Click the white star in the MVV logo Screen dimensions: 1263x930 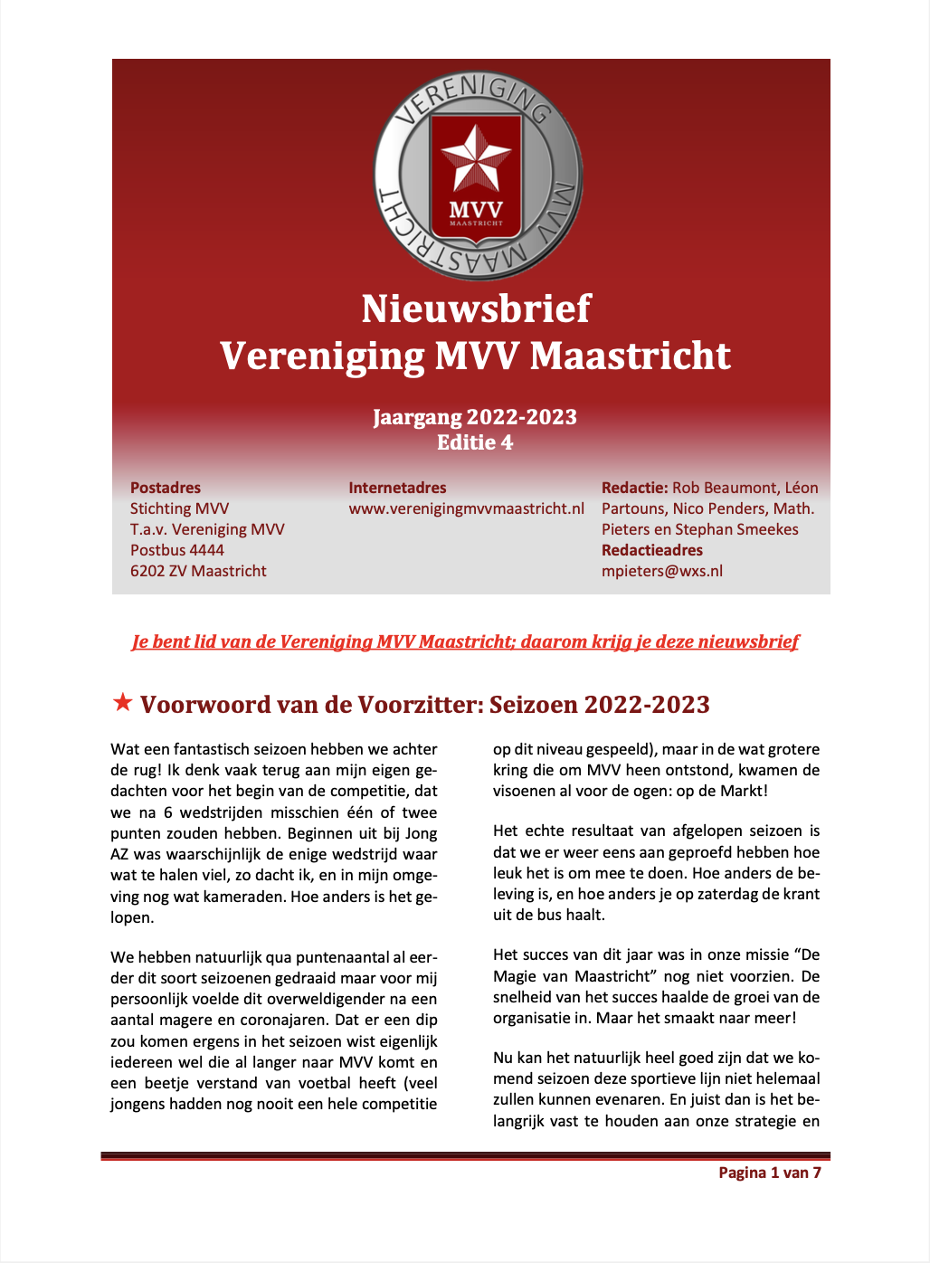(x=476, y=159)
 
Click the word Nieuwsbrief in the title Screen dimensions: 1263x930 (x=476, y=309)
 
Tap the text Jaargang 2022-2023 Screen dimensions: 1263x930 (x=475, y=417)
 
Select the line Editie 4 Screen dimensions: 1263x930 (x=475, y=442)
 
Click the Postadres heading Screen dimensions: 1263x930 (x=166, y=488)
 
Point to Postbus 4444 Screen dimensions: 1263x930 (x=177, y=550)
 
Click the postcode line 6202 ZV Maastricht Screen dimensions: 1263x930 (x=198, y=571)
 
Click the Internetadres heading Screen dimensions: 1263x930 (x=397, y=488)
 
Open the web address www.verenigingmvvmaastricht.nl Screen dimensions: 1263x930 (x=466, y=508)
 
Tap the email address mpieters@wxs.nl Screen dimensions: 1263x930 (x=662, y=571)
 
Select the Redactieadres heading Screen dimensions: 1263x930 (x=652, y=550)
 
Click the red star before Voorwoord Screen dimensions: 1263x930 (x=122, y=702)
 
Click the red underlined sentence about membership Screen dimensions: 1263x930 (x=465, y=642)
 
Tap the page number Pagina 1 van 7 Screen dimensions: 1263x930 (x=770, y=1173)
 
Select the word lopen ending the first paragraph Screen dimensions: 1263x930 (x=131, y=917)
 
